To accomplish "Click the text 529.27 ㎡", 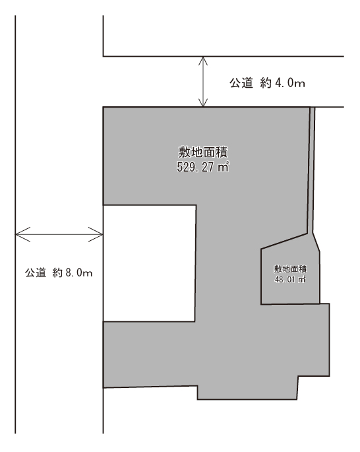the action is (x=203, y=167).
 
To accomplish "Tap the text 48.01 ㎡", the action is (x=290, y=279).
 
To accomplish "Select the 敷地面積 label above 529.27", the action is (x=203, y=152).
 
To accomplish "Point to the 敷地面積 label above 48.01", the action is (x=290, y=269).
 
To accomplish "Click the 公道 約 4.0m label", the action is (x=267, y=83).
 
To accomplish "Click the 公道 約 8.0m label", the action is (x=59, y=273).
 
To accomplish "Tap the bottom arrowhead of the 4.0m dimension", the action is (x=203, y=103).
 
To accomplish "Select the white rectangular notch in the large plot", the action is (x=149, y=263).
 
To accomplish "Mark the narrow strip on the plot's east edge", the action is (x=312, y=170).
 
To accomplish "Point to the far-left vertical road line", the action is (x=15, y=224).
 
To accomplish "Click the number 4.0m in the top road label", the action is (x=290, y=83).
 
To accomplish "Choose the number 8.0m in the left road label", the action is (x=79, y=273).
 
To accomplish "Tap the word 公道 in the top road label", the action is (x=241, y=83).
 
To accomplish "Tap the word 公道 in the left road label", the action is (x=36, y=273).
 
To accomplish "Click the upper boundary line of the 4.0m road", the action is (x=224, y=56).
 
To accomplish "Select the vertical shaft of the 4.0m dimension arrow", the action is (x=203, y=82).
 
